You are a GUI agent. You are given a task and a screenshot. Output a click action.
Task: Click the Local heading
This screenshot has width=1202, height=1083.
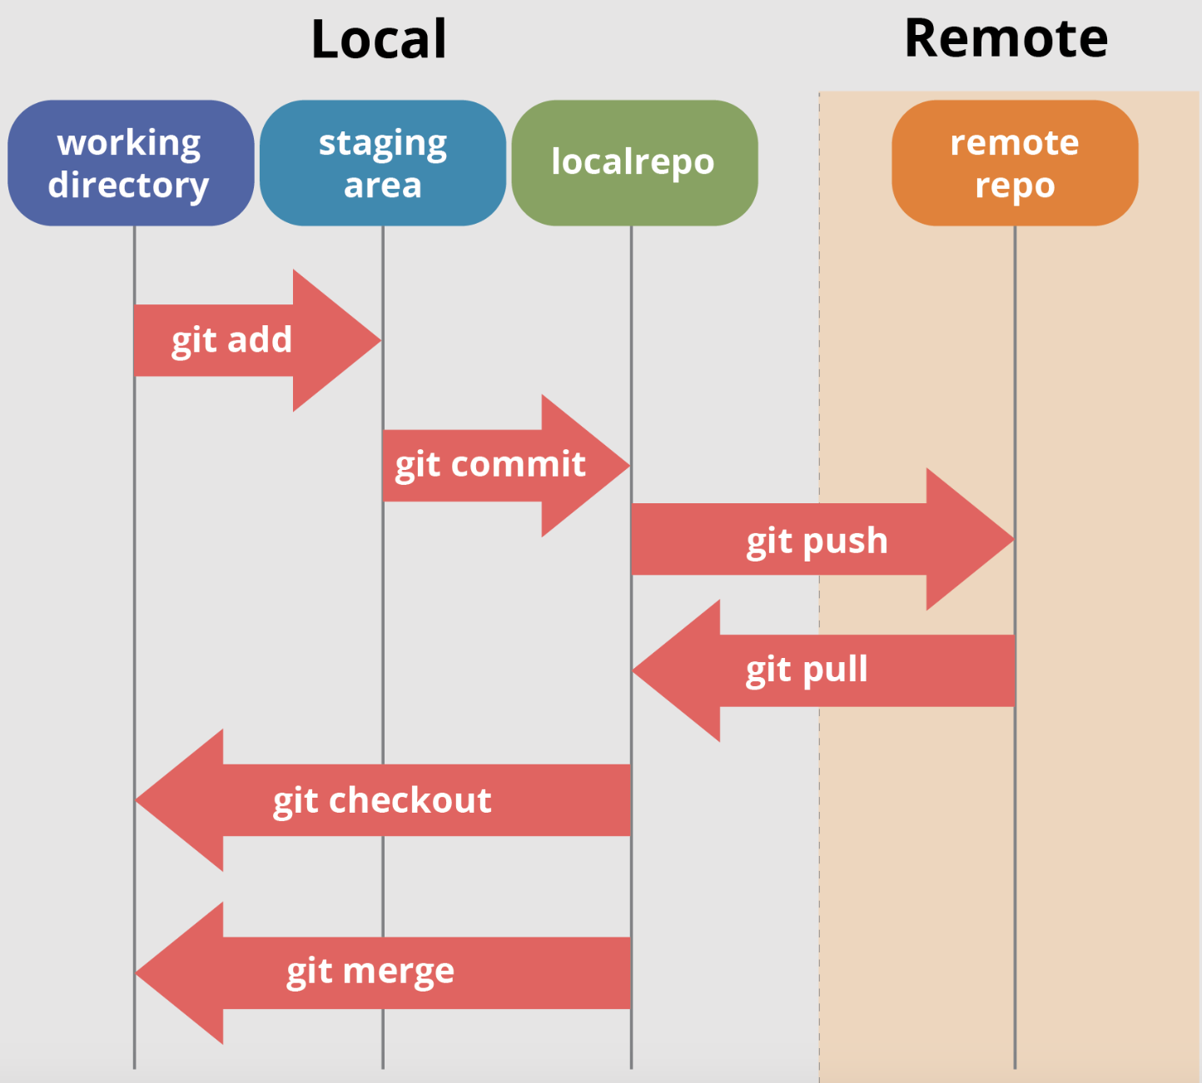(x=379, y=40)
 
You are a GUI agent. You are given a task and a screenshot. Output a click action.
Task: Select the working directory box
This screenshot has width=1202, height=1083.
(x=131, y=163)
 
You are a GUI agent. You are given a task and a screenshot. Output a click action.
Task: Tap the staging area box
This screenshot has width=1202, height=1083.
(x=383, y=163)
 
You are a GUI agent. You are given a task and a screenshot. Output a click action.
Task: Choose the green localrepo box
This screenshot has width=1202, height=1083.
(x=634, y=163)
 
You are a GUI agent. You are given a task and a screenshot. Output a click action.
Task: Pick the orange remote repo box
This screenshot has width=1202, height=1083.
(x=1015, y=163)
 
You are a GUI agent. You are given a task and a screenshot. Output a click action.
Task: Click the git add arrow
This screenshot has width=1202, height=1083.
(x=258, y=340)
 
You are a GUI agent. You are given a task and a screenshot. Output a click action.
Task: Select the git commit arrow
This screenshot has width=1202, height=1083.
(x=506, y=466)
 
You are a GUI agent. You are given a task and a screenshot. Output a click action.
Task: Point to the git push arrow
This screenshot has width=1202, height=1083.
(x=822, y=539)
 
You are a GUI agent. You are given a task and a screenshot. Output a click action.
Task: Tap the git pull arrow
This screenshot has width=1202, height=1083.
(x=823, y=670)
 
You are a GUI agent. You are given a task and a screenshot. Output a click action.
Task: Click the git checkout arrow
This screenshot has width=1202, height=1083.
(x=382, y=799)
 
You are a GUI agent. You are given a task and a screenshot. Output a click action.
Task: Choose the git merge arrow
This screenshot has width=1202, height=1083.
(x=382, y=972)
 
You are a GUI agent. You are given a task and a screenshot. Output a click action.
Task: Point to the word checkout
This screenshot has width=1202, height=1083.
(x=410, y=800)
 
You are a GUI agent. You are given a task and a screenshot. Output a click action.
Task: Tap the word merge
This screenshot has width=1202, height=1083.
(x=399, y=972)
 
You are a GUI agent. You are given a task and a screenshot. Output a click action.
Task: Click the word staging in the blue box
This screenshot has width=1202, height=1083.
(x=383, y=145)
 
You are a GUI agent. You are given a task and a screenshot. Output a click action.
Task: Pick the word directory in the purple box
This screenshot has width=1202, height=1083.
(x=128, y=185)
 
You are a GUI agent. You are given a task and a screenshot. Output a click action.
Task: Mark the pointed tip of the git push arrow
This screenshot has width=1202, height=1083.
(x=1014, y=539)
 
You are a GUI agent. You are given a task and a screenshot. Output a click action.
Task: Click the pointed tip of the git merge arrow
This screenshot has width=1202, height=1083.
(x=136, y=973)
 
